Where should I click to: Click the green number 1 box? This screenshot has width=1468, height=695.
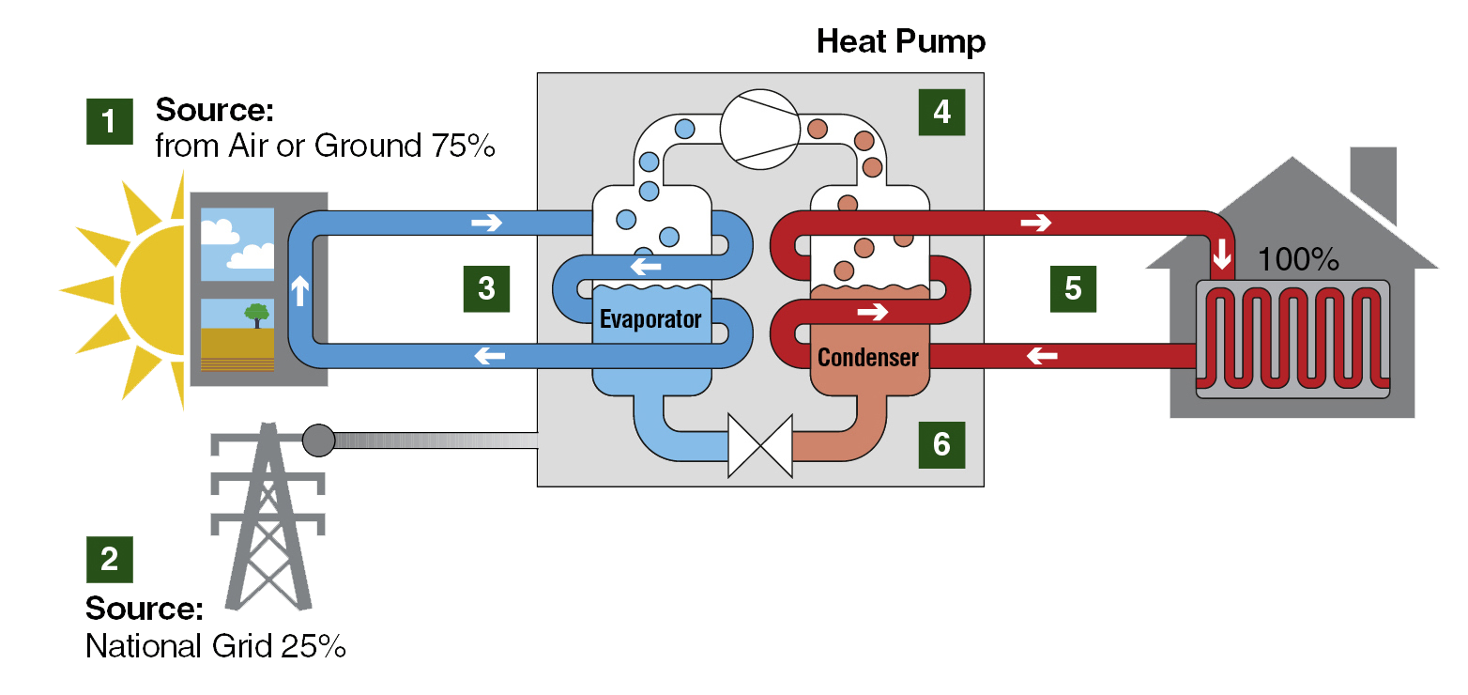tap(110, 121)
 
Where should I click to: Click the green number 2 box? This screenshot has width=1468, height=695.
tap(110, 560)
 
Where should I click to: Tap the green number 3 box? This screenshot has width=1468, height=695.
tap(486, 288)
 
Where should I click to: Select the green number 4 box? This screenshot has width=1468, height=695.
tap(942, 112)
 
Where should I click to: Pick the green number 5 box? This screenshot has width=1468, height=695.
tap(1073, 288)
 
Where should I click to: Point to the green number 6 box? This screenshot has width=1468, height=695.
tap(941, 443)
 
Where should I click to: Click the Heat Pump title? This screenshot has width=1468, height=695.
tap(900, 41)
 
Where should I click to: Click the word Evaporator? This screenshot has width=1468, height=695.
tap(650, 319)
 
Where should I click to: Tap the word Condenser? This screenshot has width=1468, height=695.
tap(867, 357)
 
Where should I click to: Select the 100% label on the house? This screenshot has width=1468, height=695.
tap(1297, 260)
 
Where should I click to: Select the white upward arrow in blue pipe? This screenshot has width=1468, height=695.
tap(300, 291)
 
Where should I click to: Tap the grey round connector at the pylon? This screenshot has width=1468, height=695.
tap(318, 440)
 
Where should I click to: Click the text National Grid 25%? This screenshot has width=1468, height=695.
tap(216, 647)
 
